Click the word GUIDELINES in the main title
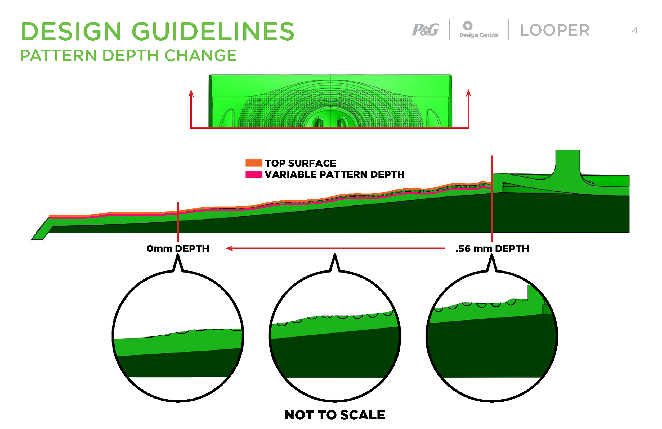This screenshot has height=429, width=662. [x=213, y=31]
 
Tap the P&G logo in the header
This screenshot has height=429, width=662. [x=425, y=29]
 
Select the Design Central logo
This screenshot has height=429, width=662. [x=478, y=29]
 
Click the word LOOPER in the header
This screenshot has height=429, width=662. [x=554, y=30]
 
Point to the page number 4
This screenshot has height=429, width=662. [x=635, y=30]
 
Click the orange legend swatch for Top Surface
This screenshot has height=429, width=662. [x=254, y=163]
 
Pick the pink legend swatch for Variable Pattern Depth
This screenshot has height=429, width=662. [x=254, y=174]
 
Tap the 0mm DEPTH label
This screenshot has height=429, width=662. [x=178, y=248]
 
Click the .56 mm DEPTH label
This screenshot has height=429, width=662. [x=492, y=248]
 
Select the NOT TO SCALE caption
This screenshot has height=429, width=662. [x=335, y=415]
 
